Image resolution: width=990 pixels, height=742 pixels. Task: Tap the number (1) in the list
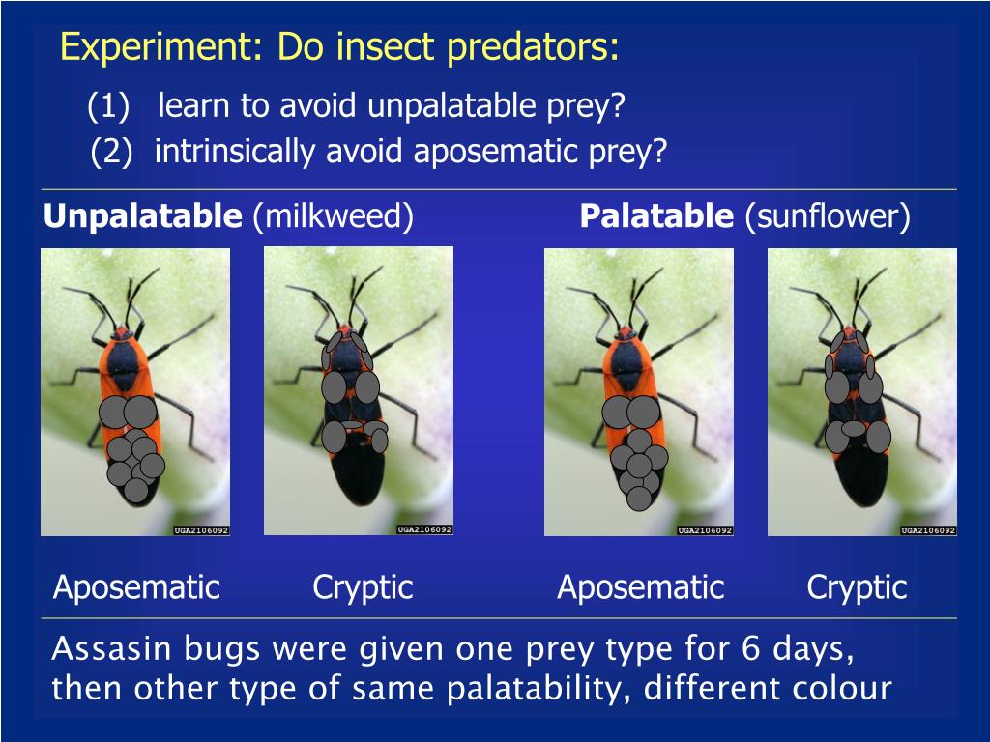pos(108,105)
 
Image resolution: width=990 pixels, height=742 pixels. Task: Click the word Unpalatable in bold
pos(143,216)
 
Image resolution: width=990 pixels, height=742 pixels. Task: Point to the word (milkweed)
pos(333,216)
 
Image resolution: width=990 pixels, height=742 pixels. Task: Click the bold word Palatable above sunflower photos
pos(656,216)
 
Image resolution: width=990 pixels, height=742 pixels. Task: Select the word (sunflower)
pos(828,216)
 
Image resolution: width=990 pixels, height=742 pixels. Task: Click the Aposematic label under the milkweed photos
pos(136,586)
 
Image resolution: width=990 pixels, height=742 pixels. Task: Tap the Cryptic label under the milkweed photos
pos(363,586)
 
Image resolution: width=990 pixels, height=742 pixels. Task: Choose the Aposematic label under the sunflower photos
pos(640,586)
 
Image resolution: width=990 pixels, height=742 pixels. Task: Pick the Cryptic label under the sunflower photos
pos(857,586)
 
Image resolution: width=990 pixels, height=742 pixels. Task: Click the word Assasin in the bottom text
pos(102,649)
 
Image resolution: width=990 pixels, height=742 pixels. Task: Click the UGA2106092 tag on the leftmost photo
pos(201,530)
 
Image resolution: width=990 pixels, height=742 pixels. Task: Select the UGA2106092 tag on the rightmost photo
pos(928,530)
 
